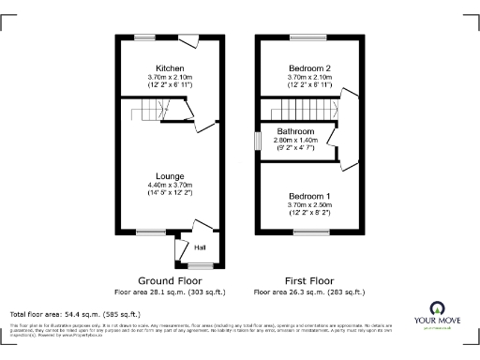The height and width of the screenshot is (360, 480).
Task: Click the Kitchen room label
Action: pos(170,68)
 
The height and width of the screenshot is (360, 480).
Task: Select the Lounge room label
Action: pos(170,175)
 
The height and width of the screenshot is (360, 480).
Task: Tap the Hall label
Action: pos(200,248)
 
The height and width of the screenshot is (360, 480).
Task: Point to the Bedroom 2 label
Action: pos(308,68)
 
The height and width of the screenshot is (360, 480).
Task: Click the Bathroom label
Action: pos(294,131)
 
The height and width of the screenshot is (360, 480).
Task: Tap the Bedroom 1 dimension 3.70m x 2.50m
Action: pos(308,205)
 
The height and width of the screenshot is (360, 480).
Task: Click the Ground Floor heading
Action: pos(170,280)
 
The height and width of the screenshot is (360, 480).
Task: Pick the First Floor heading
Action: pos(308,280)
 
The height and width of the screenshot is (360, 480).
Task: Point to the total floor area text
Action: pos(74,313)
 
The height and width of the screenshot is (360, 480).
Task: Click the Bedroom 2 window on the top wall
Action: pos(308,38)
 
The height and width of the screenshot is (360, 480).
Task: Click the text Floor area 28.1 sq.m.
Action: pos(170,291)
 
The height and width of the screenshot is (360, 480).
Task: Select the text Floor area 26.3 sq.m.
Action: pos(308,291)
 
